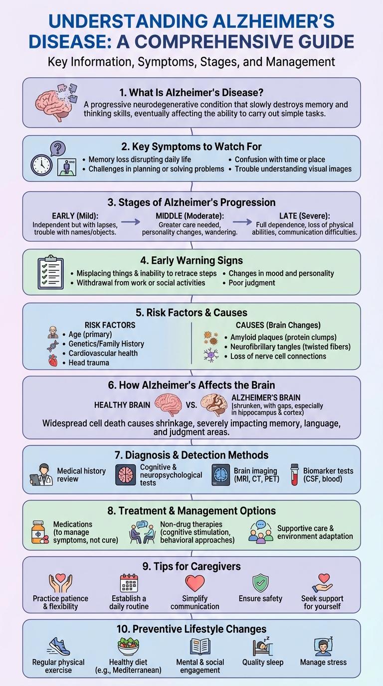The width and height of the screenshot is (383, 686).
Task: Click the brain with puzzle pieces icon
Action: click(x=55, y=103)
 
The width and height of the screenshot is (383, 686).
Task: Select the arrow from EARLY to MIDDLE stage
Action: click(x=131, y=223)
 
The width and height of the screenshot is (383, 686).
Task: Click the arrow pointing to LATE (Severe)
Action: click(x=243, y=223)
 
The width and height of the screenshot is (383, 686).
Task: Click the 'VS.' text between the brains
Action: click(x=191, y=405)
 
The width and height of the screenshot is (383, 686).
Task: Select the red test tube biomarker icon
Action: click(x=295, y=474)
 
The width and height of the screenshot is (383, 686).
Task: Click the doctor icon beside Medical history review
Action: click(x=41, y=474)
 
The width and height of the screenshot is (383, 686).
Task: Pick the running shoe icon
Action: click(x=59, y=647)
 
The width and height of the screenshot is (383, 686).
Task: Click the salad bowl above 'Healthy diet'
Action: click(x=128, y=647)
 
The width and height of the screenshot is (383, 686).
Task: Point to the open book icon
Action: click(x=200, y=647)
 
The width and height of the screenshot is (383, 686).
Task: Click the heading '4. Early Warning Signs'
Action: click(x=191, y=260)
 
